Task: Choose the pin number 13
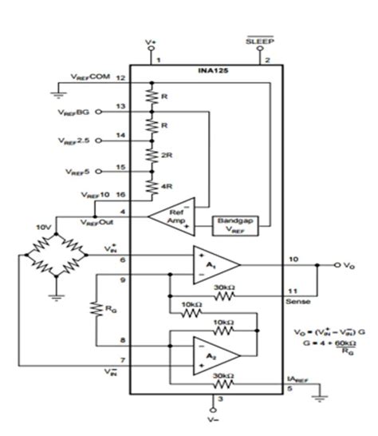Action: (120, 106)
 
